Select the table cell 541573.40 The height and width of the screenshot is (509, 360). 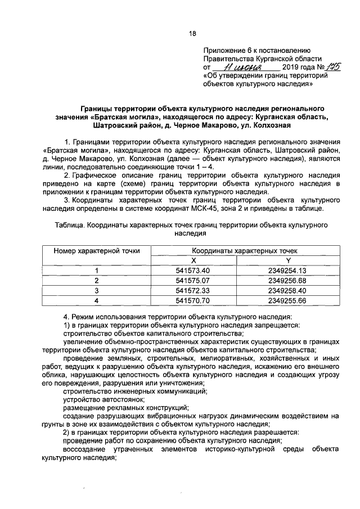[193, 271]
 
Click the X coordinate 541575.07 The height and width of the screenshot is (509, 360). [193, 281]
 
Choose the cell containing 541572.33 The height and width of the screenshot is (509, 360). [193, 291]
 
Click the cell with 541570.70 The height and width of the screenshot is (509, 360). [193, 301]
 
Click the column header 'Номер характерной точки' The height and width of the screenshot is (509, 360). [97, 251]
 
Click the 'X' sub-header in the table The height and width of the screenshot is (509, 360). [193, 260]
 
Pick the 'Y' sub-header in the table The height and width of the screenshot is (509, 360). [287, 260]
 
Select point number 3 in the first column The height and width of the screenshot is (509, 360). [96, 291]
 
